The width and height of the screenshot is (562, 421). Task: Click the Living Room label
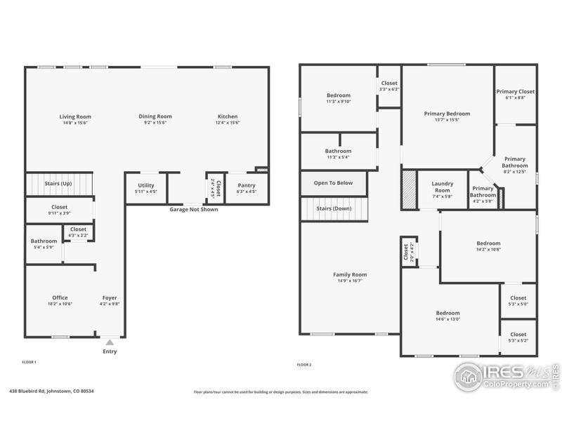(x=75, y=116)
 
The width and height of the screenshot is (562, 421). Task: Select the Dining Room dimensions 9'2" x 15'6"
(x=155, y=123)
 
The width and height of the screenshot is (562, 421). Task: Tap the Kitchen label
(x=227, y=116)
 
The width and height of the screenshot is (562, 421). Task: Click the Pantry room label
(x=246, y=186)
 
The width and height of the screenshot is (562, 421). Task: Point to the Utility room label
(x=145, y=186)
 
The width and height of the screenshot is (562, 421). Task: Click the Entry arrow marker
(x=110, y=342)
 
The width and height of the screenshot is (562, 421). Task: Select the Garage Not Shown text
(x=193, y=209)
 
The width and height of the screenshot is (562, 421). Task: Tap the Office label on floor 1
(x=60, y=298)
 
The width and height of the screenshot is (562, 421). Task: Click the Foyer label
(x=110, y=298)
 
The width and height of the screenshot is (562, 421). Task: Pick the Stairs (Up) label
(x=58, y=183)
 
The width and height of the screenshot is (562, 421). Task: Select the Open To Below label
(x=333, y=183)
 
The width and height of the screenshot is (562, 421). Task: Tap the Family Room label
(x=349, y=274)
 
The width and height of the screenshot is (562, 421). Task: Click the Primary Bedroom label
(x=447, y=113)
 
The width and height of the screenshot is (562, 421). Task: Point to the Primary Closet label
(x=516, y=91)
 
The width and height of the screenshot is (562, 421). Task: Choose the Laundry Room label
(x=442, y=186)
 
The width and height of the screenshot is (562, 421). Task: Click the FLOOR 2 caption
(x=303, y=365)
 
